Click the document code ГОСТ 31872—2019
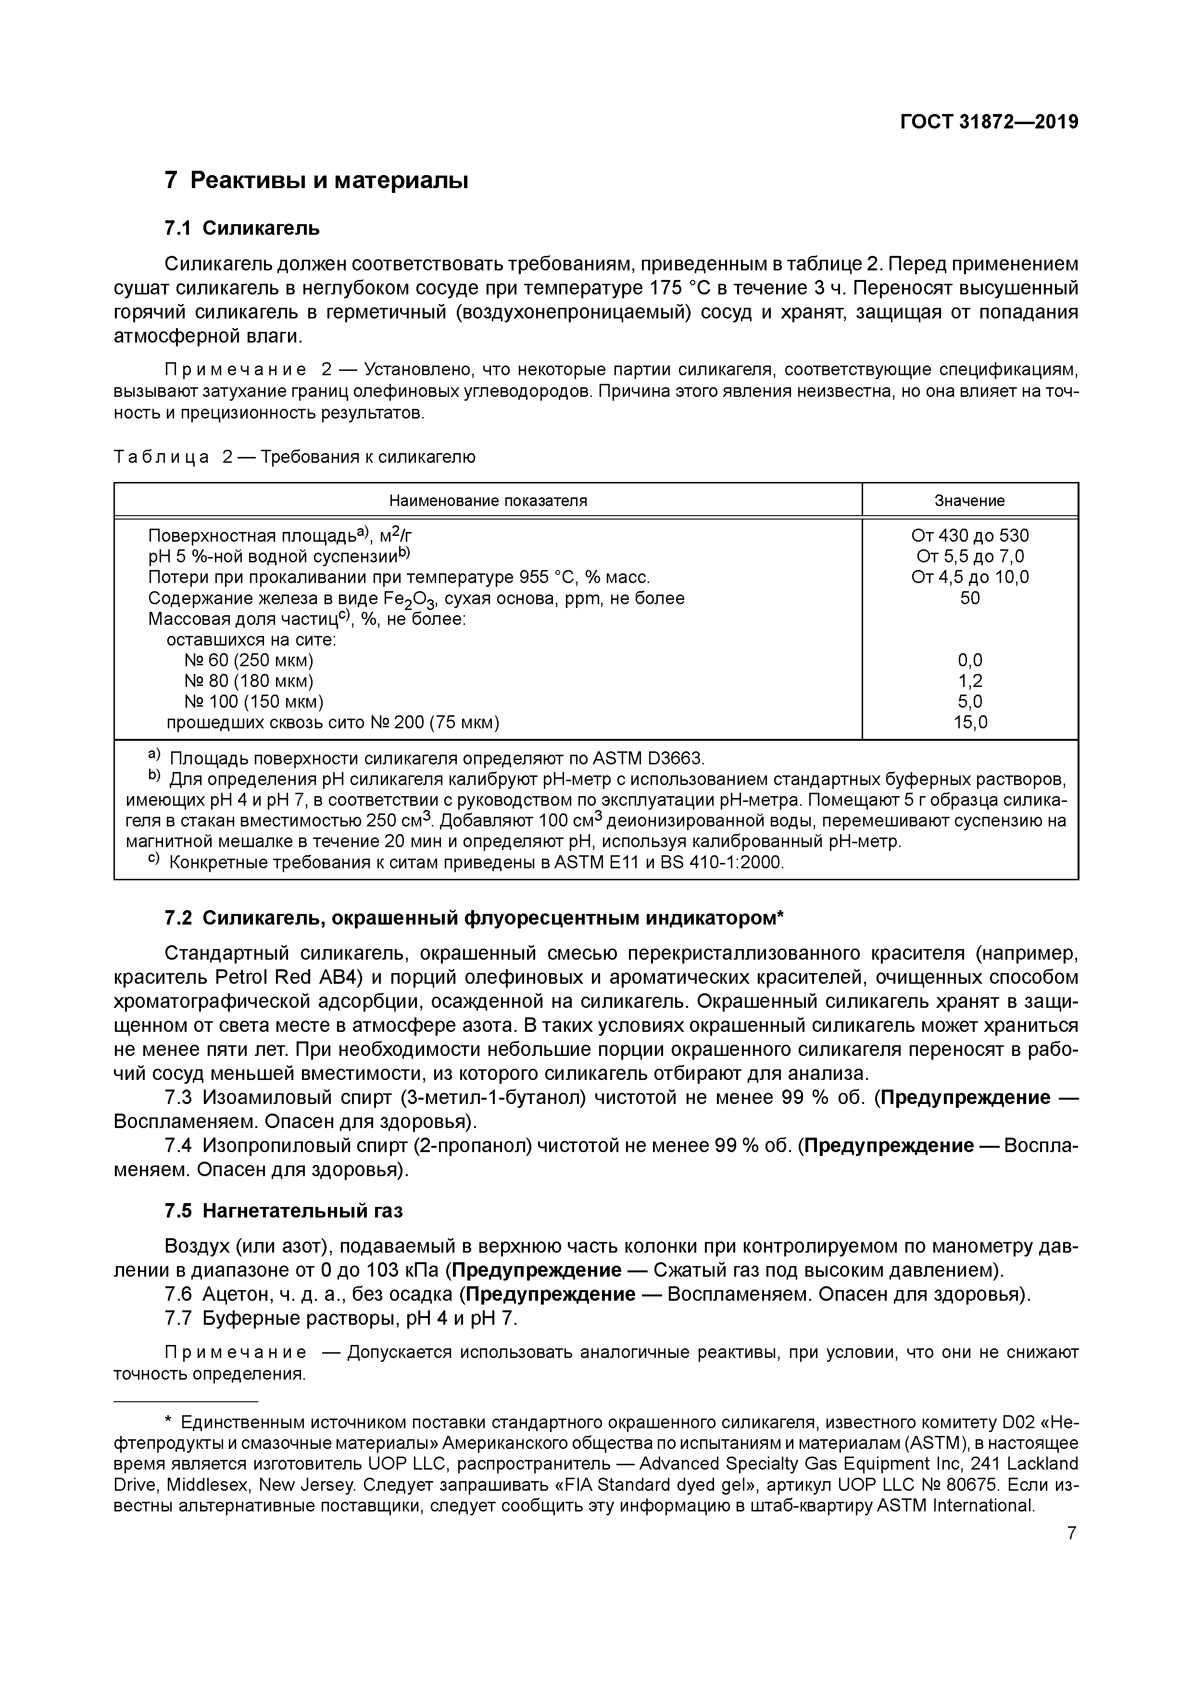(989, 122)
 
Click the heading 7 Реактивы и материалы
(316, 180)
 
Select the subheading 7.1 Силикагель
(242, 228)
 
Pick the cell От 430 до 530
(969, 536)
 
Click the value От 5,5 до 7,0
(969, 556)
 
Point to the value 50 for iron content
(969, 598)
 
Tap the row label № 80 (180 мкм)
(249, 681)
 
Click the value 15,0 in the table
(969, 722)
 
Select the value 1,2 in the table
(969, 681)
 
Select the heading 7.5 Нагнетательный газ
(284, 1211)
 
